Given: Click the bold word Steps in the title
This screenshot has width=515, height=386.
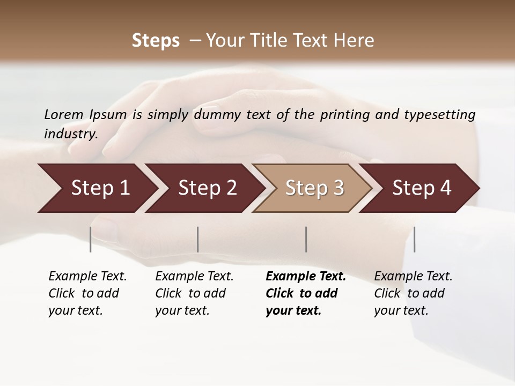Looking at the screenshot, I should (x=156, y=41).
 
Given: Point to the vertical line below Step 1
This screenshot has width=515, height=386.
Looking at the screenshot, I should (x=91, y=239).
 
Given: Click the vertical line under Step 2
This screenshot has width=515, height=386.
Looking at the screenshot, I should (x=198, y=239).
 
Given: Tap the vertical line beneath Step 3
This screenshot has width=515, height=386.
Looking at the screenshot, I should (x=306, y=239).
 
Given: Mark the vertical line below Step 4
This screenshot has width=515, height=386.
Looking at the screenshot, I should (x=415, y=239).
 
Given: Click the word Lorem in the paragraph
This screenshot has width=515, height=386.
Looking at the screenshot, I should (x=64, y=115).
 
